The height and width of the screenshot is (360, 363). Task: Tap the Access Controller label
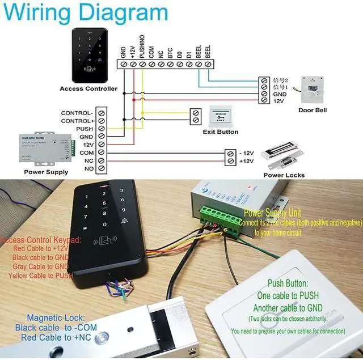point(88,88)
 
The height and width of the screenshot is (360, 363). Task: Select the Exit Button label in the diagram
point(221,132)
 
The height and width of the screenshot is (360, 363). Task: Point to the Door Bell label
point(313,110)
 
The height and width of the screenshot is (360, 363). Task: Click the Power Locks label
point(284,175)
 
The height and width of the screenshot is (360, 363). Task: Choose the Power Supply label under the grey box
point(46,172)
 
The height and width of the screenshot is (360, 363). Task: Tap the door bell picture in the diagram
point(314,88)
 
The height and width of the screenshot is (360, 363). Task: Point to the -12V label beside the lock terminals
point(246,153)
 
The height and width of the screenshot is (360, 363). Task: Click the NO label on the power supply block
point(88,169)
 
